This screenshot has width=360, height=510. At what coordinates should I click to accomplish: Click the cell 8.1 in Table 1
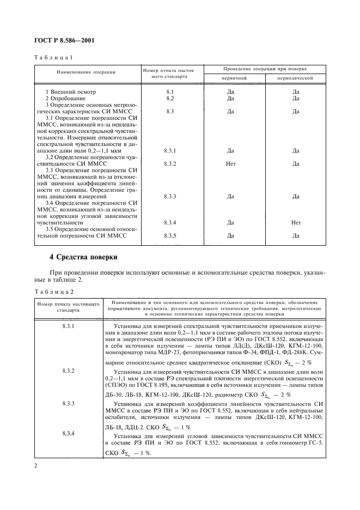point(169,92)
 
